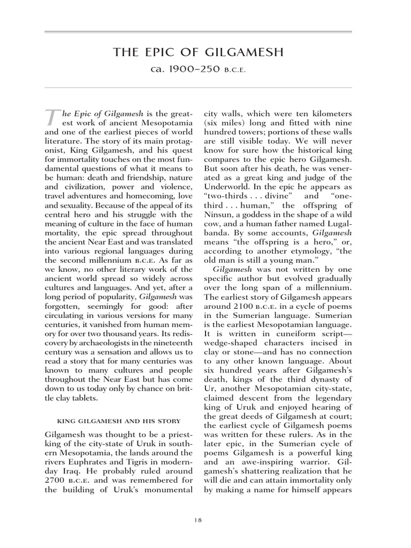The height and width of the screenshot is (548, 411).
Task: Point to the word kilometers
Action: pyautogui.click(x=329, y=115)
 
